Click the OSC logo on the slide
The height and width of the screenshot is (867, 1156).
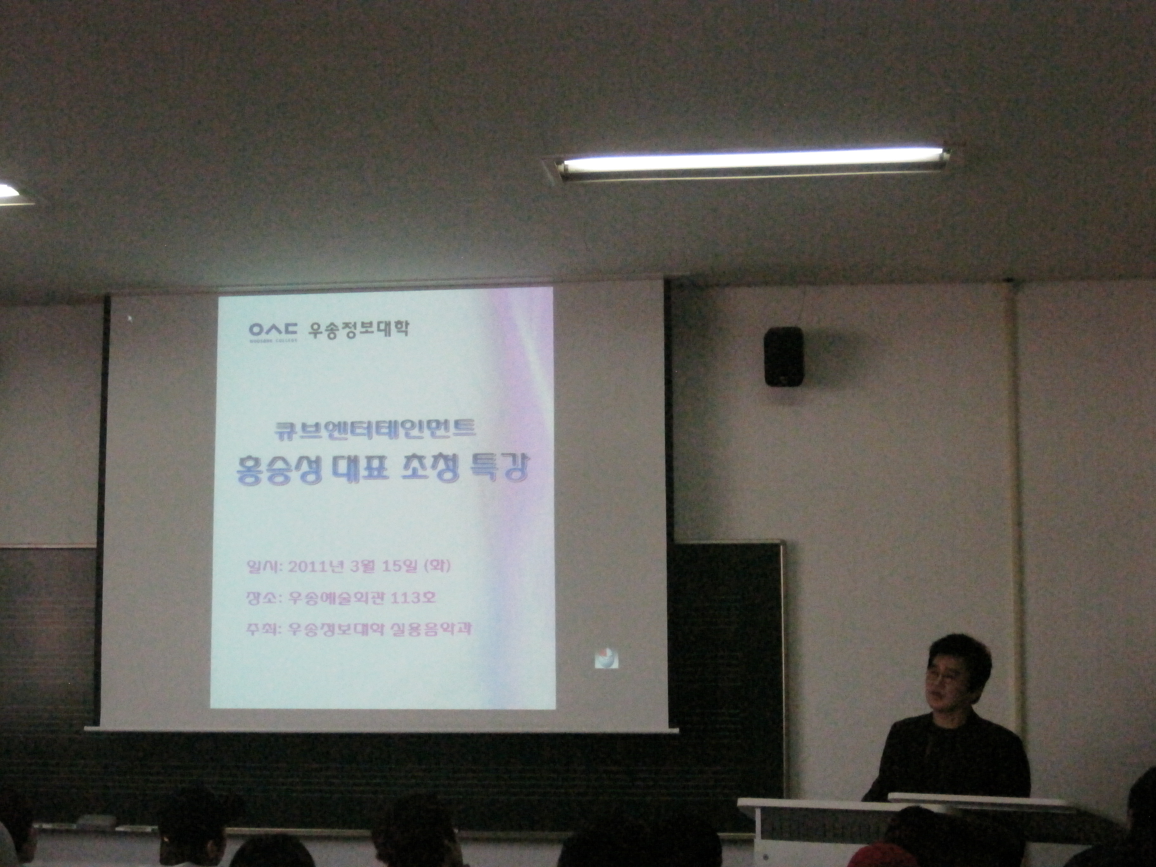273,330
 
